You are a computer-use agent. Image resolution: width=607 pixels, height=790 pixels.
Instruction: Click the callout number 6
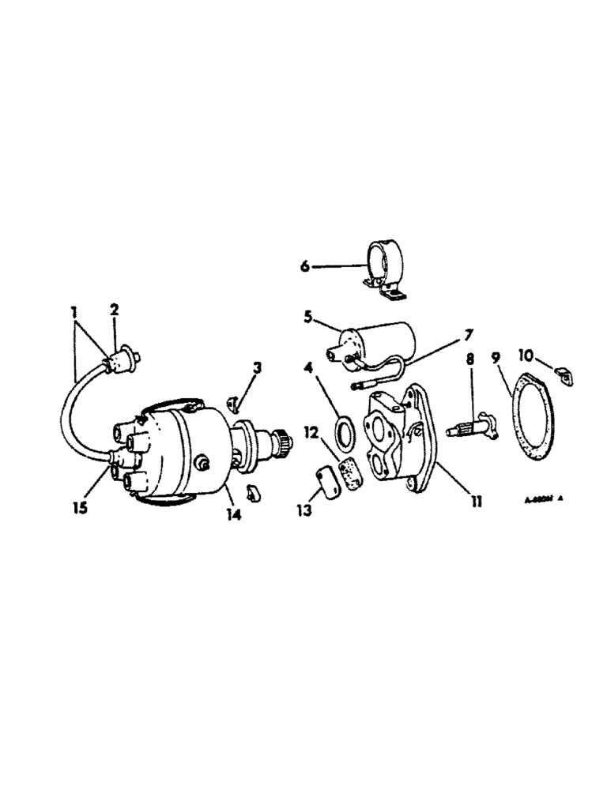tap(305, 267)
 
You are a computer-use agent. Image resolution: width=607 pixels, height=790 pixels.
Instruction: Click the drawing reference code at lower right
tap(545, 499)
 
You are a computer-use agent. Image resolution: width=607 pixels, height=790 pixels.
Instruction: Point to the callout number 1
tap(75, 310)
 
